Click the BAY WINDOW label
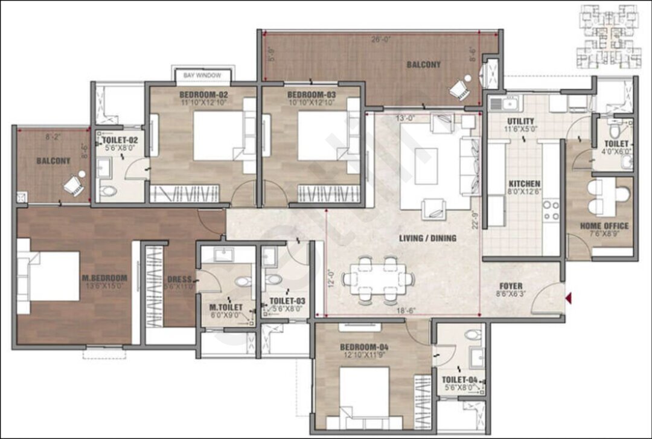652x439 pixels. (203, 75)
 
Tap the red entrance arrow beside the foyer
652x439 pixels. (569, 296)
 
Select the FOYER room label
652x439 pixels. (511, 286)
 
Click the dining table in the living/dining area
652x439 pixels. (379, 278)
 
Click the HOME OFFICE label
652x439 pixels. (604, 226)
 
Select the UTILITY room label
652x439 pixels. (520, 121)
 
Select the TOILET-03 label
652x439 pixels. (287, 301)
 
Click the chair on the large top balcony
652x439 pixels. (459, 89)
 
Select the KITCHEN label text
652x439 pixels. (524, 184)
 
